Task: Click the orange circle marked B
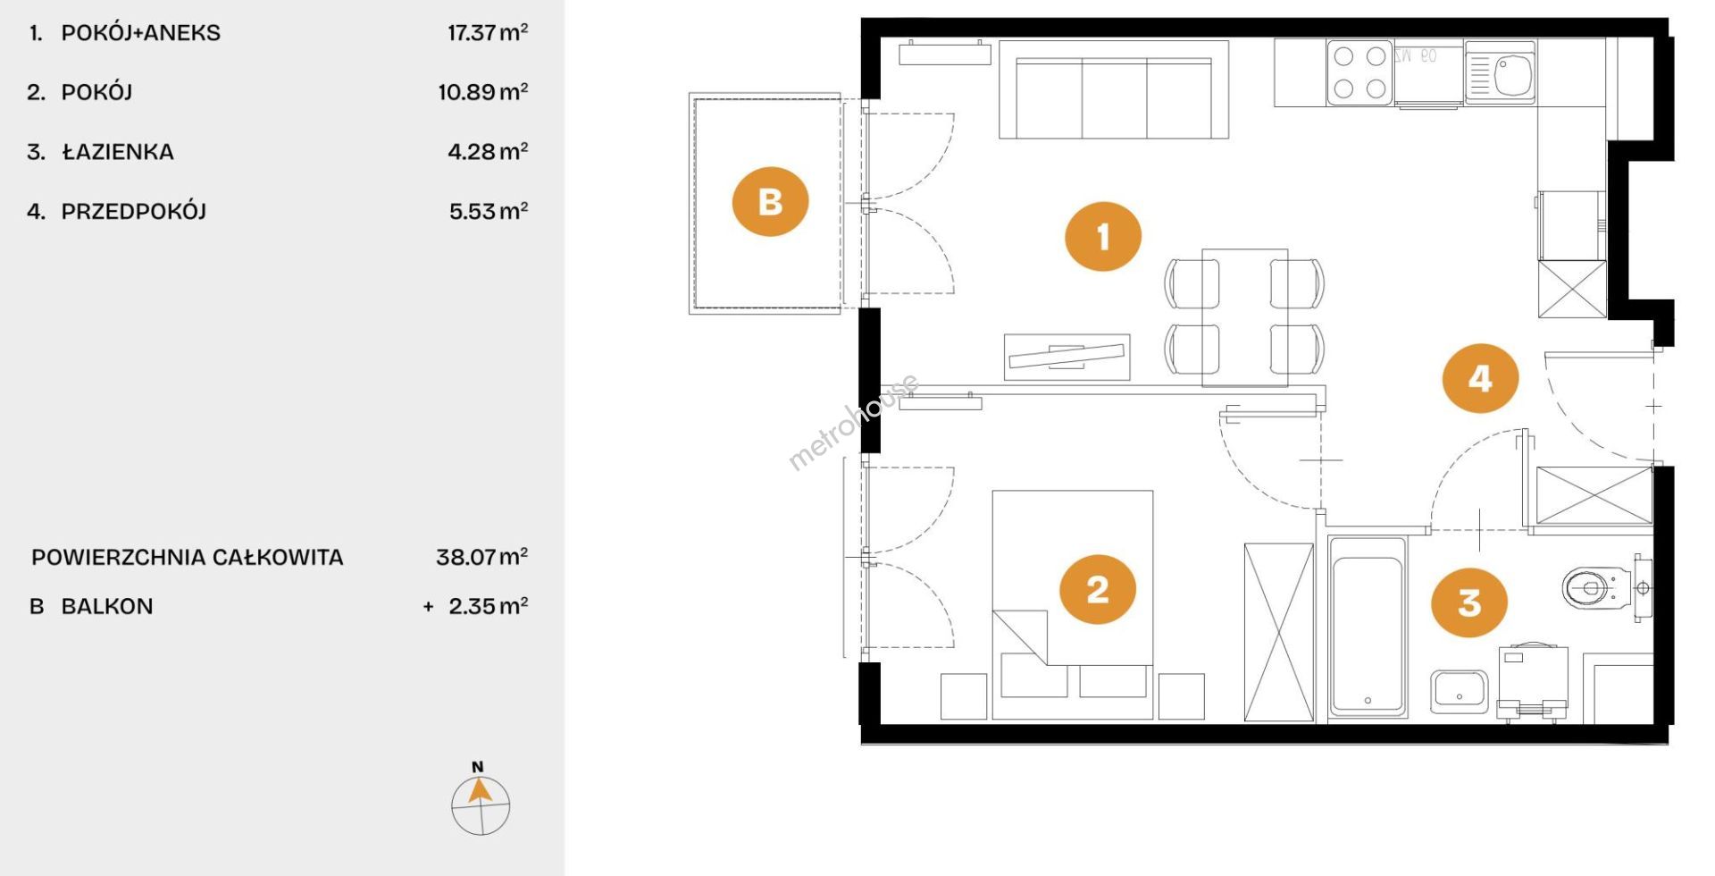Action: point(770,201)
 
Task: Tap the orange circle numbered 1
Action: point(1103,237)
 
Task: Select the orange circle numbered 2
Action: point(1098,589)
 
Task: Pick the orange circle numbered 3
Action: point(1469,602)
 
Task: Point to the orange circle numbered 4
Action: point(1480,378)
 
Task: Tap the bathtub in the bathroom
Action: point(1367,626)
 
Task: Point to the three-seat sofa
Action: point(1114,89)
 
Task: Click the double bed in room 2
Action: point(1072,604)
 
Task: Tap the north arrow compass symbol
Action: point(481,802)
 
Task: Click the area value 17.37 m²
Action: point(488,33)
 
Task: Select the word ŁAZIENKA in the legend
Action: point(118,151)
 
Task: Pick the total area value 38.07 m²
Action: point(481,557)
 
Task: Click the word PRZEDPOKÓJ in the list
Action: point(134,212)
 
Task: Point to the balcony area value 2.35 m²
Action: point(488,606)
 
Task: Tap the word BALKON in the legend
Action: point(107,606)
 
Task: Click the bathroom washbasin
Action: point(1459,692)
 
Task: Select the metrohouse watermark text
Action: point(853,423)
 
